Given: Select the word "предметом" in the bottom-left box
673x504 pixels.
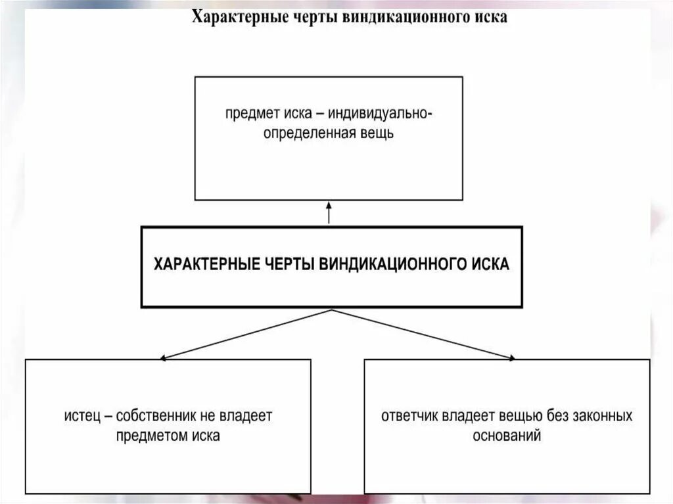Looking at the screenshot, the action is click(x=148, y=436).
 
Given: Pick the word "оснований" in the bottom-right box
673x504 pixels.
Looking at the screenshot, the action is click(x=507, y=436).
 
